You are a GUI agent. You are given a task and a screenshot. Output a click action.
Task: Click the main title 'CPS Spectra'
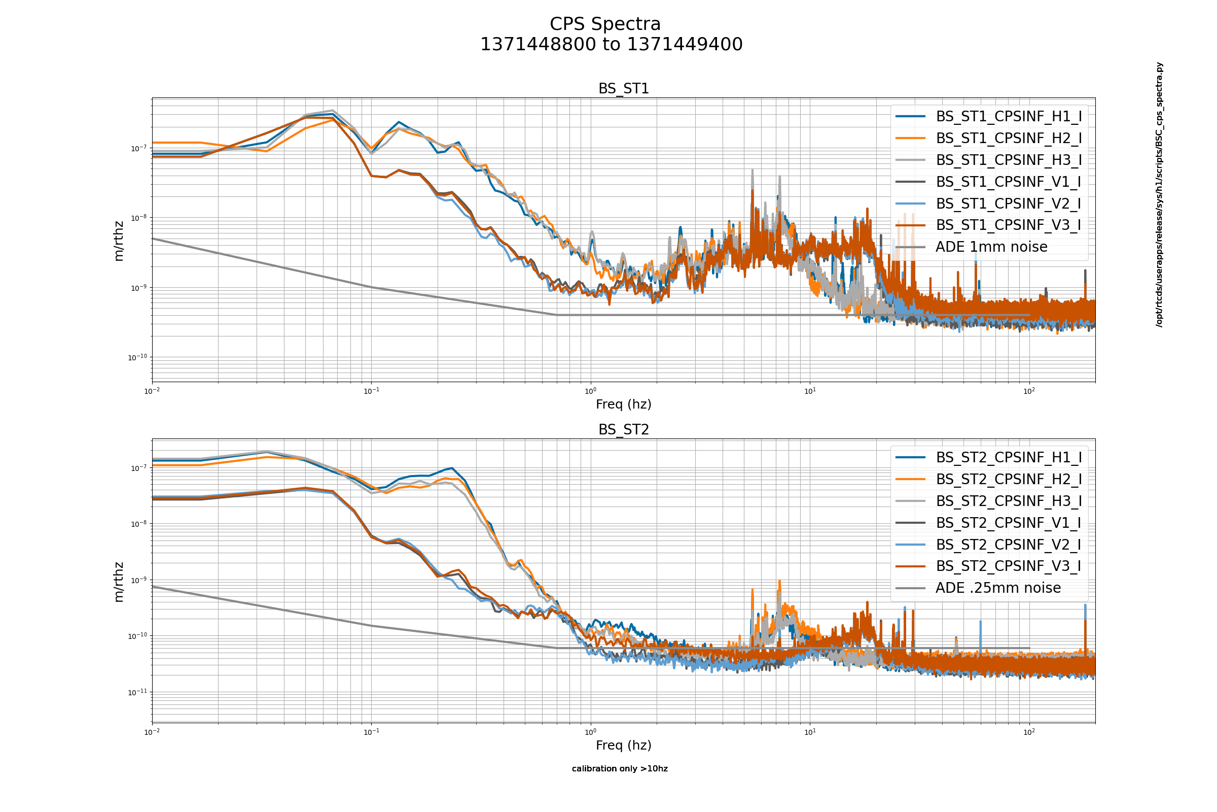[605, 24]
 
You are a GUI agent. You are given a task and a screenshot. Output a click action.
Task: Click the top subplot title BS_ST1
[624, 88]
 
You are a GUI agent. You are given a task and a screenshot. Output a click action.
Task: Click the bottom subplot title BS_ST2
[624, 430]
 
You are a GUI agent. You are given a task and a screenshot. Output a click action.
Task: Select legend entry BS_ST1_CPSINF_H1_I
[1009, 117]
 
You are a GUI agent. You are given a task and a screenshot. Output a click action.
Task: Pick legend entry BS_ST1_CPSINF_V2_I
[1009, 204]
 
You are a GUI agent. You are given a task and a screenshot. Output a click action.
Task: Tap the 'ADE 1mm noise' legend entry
[991, 247]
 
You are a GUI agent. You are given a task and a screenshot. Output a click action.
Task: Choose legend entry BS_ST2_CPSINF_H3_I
[1009, 501]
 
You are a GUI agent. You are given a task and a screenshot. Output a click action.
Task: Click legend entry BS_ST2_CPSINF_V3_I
[1009, 566]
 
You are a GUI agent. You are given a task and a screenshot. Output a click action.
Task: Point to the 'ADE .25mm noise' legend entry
[997, 588]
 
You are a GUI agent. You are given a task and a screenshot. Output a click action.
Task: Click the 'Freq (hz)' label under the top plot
[624, 404]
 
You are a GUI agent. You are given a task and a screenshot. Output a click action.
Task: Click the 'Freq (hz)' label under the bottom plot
[624, 745]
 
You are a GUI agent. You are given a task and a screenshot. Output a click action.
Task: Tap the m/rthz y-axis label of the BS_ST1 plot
[119, 241]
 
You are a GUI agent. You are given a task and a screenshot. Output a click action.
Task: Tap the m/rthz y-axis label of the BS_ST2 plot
[119, 582]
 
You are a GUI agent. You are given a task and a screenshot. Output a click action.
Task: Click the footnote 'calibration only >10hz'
[620, 768]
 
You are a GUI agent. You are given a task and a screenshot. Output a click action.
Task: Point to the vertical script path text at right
[1159, 195]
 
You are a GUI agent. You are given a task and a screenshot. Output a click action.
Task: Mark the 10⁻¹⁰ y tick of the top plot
[137, 357]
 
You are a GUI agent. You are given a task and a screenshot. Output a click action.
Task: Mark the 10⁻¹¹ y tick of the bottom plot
[137, 692]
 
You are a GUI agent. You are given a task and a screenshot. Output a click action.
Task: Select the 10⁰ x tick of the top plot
[590, 391]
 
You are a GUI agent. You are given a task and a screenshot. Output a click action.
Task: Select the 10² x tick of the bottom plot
[1029, 732]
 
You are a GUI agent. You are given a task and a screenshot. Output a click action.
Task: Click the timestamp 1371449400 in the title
[685, 45]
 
